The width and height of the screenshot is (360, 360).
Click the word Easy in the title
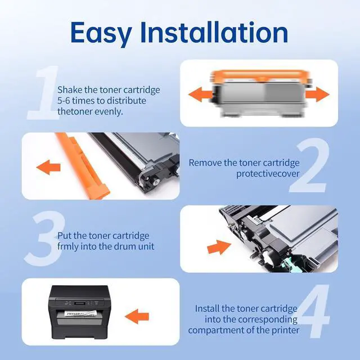pyautogui.click(x=101, y=33)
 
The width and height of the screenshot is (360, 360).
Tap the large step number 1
pyautogui.click(x=44, y=93)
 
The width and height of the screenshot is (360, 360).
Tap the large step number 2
pyautogui.click(x=309, y=165)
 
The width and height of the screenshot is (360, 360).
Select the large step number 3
pyautogui.click(x=45, y=238)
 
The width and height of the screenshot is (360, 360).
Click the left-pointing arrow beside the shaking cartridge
pyautogui.click(x=200, y=94)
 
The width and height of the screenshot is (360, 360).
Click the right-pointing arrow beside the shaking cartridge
pyautogui.click(x=317, y=94)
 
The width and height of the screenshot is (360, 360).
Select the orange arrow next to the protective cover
pyautogui.click(x=48, y=167)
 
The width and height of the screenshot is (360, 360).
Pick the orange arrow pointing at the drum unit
pyautogui.click(x=219, y=247)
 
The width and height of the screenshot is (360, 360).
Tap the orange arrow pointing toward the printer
pyautogui.click(x=137, y=317)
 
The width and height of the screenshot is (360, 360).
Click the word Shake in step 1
pyautogui.click(x=70, y=90)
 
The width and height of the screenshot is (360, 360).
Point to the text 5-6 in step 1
pyautogui.click(x=64, y=101)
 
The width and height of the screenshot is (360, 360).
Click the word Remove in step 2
pyautogui.click(x=205, y=163)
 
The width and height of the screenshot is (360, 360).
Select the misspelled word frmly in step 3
pyautogui.click(x=68, y=246)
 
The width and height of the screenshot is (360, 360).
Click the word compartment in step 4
pyautogui.click(x=216, y=331)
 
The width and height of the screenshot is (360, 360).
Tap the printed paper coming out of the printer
pyautogui.click(x=80, y=314)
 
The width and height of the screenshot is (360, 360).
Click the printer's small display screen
pyautogui.click(x=80, y=303)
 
